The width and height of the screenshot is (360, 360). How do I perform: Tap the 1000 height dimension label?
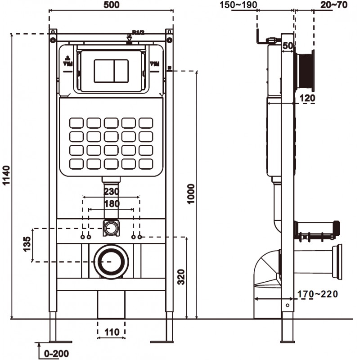(x=191, y=194)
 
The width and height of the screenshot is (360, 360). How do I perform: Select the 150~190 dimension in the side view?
(x=238, y=5)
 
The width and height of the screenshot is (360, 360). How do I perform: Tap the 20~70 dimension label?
(x=334, y=5)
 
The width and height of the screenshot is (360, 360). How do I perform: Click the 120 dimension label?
(x=307, y=98)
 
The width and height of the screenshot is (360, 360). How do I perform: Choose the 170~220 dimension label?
(x=317, y=294)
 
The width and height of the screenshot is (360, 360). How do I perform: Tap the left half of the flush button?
(x=103, y=71)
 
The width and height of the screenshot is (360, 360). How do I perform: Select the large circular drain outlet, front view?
(x=111, y=262)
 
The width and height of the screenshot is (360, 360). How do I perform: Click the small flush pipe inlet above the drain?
(x=111, y=227)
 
